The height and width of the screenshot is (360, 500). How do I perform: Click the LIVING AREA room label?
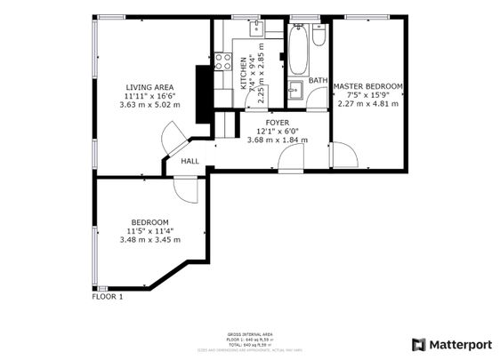coord(149,86)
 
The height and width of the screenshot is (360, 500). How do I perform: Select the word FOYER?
coord(278,122)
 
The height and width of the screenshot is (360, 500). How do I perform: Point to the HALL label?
coord(190,162)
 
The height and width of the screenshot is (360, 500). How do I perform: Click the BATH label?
coord(317,81)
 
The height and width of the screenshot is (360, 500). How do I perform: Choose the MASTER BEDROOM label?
coord(368,86)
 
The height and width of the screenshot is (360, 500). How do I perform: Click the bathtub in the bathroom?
coord(298,50)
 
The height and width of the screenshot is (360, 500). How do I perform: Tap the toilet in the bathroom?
coord(319,35)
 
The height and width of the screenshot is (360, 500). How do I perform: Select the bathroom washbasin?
coord(294,89)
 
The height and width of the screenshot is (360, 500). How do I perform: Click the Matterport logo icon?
coord(418,344)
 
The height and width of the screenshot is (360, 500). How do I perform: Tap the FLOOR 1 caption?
coord(108,297)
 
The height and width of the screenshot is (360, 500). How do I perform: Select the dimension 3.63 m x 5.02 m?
coord(149,104)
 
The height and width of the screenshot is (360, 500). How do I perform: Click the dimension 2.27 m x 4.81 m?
coord(368,104)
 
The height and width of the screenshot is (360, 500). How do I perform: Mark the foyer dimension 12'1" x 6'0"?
coord(278,131)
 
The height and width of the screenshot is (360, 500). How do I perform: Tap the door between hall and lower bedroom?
coord(186,189)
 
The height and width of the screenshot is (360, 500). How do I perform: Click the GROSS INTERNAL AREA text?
coord(250,334)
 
